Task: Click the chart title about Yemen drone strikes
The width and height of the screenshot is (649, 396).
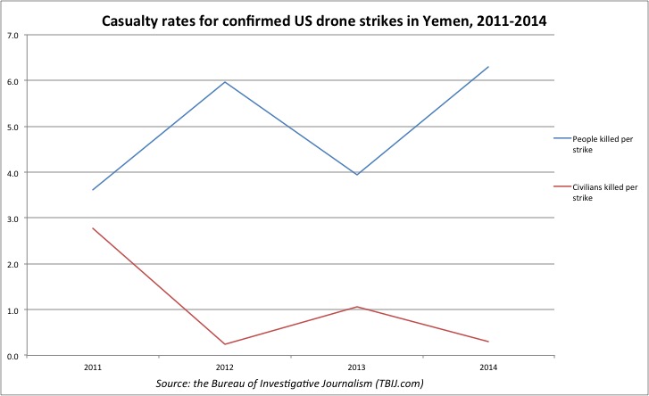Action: (325, 16)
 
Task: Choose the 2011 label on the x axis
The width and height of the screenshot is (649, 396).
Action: (93, 367)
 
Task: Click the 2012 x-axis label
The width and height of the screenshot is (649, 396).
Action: (224, 367)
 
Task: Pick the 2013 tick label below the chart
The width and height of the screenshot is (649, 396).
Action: (356, 367)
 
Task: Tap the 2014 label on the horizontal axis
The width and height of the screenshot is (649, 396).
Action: (488, 367)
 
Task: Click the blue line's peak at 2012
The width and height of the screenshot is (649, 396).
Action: (224, 82)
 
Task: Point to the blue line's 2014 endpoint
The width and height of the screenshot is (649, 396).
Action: (488, 67)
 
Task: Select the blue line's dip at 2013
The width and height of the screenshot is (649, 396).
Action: (356, 175)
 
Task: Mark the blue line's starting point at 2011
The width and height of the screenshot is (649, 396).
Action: (93, 190)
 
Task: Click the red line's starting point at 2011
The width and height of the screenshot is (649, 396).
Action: (93, 228)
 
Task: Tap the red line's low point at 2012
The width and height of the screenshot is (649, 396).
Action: (224, 344)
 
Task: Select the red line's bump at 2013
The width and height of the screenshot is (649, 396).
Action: (356, 307)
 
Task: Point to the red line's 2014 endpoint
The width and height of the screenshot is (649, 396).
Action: (488, 342)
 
